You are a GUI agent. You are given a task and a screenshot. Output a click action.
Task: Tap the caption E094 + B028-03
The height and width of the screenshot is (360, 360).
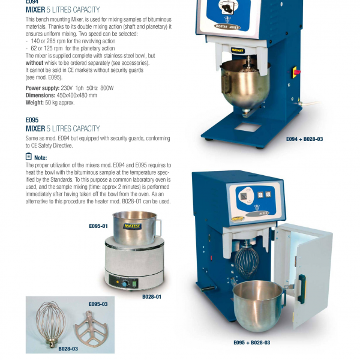[x=304, y=139]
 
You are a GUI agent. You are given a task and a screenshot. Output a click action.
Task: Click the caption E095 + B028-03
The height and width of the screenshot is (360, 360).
[x=251, y=343]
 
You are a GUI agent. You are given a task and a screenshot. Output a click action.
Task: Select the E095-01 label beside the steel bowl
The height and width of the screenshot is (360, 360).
[x=98, y=226]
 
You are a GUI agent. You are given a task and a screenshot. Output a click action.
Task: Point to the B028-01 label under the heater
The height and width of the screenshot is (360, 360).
[x=151, y=296]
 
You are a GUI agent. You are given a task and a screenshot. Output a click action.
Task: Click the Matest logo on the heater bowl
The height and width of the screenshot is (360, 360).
[x=133, y=226]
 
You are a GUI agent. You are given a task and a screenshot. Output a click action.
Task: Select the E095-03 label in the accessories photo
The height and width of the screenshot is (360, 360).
[x=98, y=305]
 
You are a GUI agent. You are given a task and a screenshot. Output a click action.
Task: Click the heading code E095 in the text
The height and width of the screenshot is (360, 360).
[x=32, y=119]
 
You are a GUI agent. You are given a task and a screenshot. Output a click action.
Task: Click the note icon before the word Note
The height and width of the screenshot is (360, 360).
[x=29, y=157]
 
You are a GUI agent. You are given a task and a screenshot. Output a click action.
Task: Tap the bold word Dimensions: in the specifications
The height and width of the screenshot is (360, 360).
[x=41, y=95]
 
